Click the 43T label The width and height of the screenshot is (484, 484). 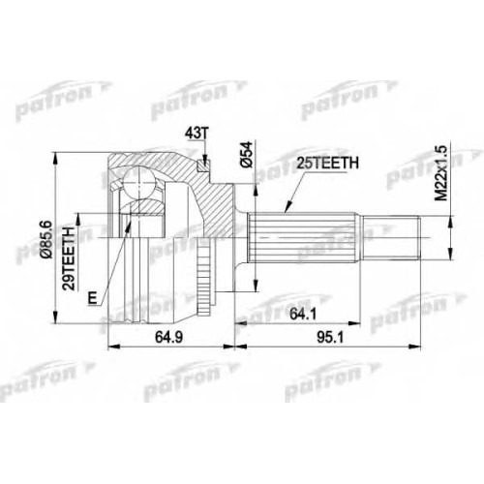click(196, 135)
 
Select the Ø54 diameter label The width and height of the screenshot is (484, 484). click(246, 155)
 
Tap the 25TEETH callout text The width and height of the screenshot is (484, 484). click(328, 164)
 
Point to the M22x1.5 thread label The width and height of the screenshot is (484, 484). click(441, 173)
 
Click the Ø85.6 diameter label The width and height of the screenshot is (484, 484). click(46, 239)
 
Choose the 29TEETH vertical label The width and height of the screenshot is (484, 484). click(69, 258)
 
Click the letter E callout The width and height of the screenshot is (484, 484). click(93, 298)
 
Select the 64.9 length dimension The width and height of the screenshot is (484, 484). click(168, 338)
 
